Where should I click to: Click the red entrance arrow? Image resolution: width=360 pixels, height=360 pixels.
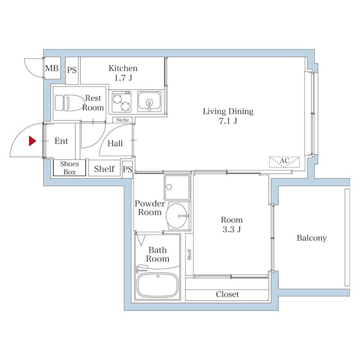pos(32,141)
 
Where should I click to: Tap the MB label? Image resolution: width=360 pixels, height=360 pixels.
pos(52,68)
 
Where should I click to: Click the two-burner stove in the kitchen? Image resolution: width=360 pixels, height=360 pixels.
pos(121,102)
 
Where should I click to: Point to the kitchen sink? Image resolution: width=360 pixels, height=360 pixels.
pos(149,102)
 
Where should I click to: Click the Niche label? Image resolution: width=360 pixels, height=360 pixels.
pos(122,120)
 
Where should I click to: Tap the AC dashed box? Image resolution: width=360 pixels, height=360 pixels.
pos(284,162)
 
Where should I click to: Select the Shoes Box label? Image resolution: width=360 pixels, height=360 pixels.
pos(70,168)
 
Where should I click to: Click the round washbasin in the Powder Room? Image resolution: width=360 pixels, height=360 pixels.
pos(176,216)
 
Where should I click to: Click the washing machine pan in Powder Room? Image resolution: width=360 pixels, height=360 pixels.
pos(177,187)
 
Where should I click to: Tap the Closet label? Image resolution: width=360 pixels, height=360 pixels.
pos(227,294)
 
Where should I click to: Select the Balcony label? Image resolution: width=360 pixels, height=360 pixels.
pos(311,238)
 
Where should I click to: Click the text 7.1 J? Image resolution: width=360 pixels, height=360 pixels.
pos(228,121)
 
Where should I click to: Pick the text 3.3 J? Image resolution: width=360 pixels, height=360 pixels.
pos(232,229)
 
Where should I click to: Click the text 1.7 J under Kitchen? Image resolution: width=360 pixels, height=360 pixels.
pos(123,78)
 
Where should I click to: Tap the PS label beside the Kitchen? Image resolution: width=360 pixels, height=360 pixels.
pos(72,70)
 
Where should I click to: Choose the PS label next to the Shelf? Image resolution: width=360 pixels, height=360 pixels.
pos(127,170)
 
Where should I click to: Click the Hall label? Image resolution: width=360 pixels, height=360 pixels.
pos(115,144)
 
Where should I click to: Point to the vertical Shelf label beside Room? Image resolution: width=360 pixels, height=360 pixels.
pos(189,254)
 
